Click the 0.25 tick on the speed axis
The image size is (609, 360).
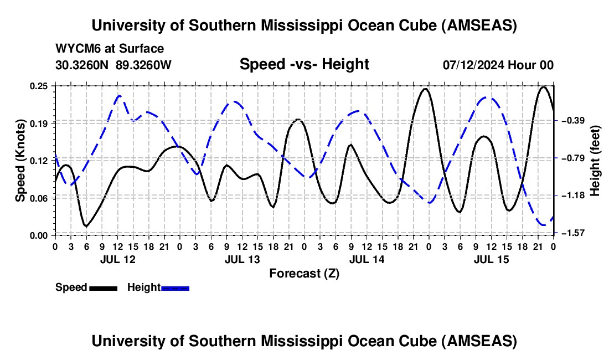39,86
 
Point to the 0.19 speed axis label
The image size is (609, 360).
39,123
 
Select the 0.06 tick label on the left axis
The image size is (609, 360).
39,198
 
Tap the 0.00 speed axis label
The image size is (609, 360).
39,235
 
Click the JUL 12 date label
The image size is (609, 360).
117,259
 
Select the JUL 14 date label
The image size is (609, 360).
367,259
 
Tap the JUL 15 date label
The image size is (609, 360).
491,259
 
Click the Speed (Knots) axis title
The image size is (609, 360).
20,161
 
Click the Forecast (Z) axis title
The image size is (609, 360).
304,273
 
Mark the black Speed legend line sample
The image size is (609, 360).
102,287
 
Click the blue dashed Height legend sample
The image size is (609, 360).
175,287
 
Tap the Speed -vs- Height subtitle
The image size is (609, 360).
304,64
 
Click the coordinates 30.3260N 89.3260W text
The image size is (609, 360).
113,65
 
